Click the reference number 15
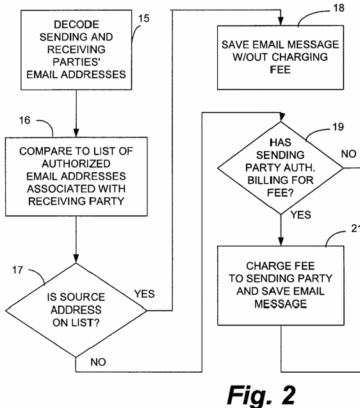tap(143, 19)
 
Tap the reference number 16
tap(24, 120)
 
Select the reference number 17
tap(18, 270)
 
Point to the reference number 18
tap(339, 8)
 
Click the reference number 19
tap(338, 127)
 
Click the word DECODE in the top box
tap(76, 24)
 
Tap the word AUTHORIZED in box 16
tap(76, 164)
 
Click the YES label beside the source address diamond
tap(145, 294)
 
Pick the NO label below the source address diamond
tap(98, 362)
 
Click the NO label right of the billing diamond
tap(348, 154)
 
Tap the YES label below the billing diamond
tap(300, 215)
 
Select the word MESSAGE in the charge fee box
tap(281, 304)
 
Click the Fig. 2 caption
tap(261, 395)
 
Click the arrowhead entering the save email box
tap(281, 21)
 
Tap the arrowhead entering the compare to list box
tap(76, 133)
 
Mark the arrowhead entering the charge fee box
tap(281, 241)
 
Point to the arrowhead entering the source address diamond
tap(76, 258)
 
